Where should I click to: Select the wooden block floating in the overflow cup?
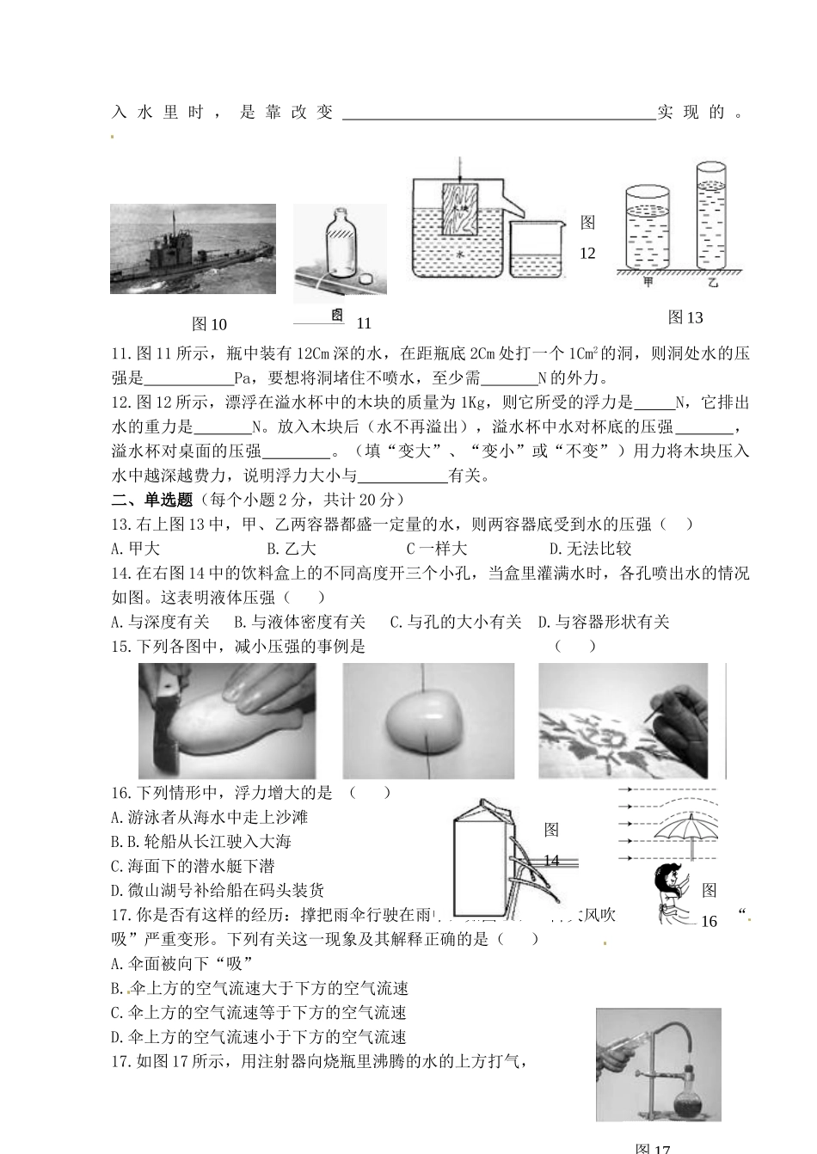tap(459, 209)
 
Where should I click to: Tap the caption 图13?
tap(685, 318)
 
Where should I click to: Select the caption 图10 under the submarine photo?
tap(209, 324)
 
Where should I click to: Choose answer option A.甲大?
tap(136, 549)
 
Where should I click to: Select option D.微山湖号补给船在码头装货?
tap(218, 891)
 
